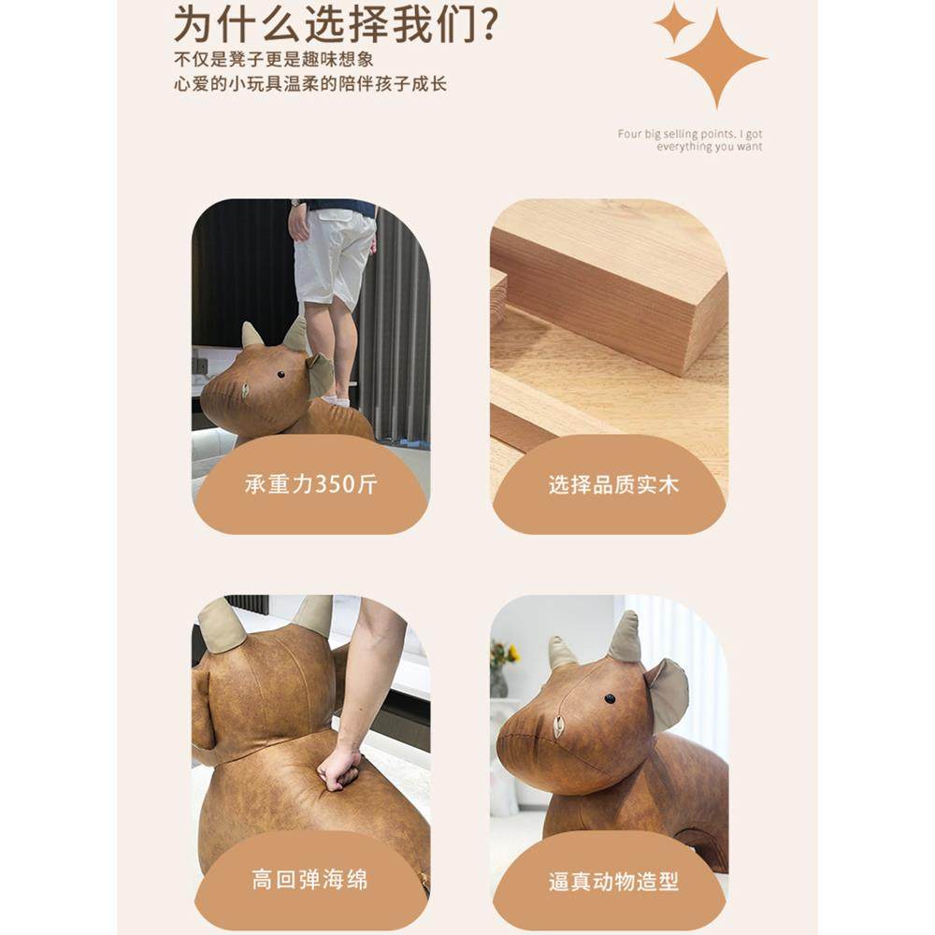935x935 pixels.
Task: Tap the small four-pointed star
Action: pyautogui.click(x=673, y=22)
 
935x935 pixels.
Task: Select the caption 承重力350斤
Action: pyautogui.click(x=310, y=484)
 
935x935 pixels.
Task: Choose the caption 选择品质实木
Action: pyautogui.click(x=613, y=484)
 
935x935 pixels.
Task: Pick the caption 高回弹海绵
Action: pyautogui.click(x=309, y=880)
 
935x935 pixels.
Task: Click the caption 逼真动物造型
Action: pyautogui.click(x=613, y=881)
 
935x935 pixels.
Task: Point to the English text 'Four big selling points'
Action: pyautogui.click(x=690, y=135)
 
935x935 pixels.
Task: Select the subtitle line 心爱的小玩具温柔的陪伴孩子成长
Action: pyautogui.click(x=310, y=84)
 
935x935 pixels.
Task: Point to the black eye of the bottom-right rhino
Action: pyautogui.click(x=610, y=698)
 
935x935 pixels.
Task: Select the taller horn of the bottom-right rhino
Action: pyautogui.click(x=625, y=638)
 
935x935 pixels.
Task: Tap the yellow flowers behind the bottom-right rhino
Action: pyautogui.click(x=505, y=651)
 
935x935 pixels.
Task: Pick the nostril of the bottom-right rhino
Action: pyautogui.click(x=558, y=726)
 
